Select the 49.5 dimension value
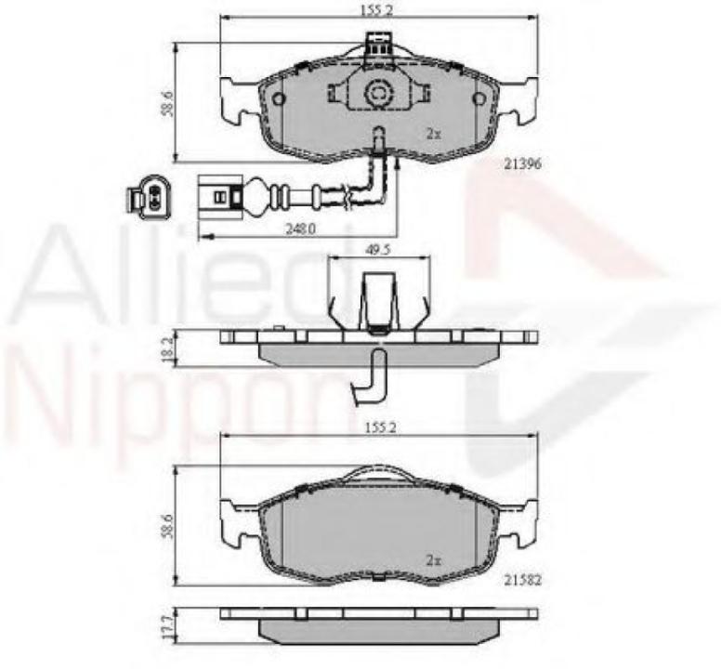[x=375, y=250]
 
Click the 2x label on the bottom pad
[x=432, y=560]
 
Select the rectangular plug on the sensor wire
[x=217, y=198]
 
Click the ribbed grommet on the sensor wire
[x=277, y=198]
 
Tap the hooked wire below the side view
[x=372, y=376]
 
